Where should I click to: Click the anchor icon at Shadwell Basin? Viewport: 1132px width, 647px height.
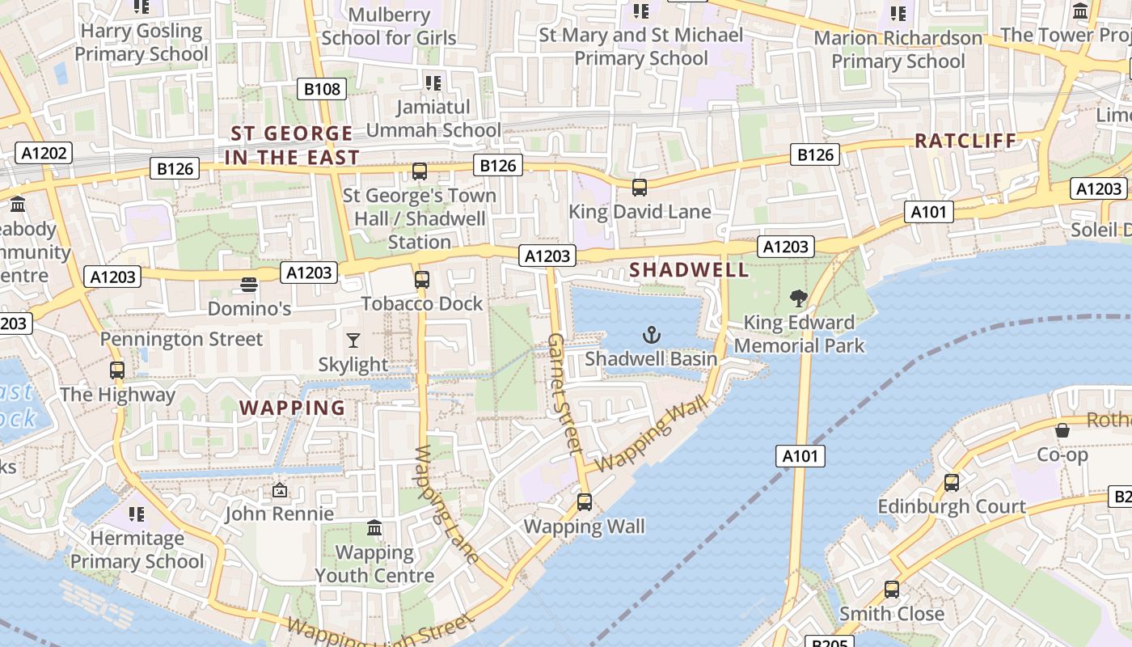click(652, 334)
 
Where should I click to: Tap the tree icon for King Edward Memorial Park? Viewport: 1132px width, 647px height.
click(799, 298)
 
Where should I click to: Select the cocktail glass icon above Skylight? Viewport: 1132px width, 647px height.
click(353, 340)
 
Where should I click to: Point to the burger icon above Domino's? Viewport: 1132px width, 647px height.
click(249, 285)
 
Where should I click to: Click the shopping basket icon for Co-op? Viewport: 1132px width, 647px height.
click(1062, 430)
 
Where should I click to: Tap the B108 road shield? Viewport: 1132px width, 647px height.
click(322, 89)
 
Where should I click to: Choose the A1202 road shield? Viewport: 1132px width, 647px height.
click(44, 153)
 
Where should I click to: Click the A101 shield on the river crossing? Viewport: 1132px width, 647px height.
click(801, 456)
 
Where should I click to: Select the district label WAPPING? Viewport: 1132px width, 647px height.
click(293, 408)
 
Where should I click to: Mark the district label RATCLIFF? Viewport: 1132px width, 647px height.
click(965, 141)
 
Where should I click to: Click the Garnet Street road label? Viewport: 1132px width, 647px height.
click(565, 392)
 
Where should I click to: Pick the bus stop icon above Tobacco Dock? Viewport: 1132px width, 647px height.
click(421, 280)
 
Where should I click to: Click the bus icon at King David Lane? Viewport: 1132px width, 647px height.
click(640, 188)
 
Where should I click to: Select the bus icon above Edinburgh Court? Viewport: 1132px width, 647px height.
click(952, 483)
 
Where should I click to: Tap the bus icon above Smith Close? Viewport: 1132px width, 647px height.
click(892, 590)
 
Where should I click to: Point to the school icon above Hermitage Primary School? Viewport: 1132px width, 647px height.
click(137, 514)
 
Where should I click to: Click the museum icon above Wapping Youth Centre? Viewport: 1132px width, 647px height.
click(374, 528)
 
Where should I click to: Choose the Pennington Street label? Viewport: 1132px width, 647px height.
click(182, 339)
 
